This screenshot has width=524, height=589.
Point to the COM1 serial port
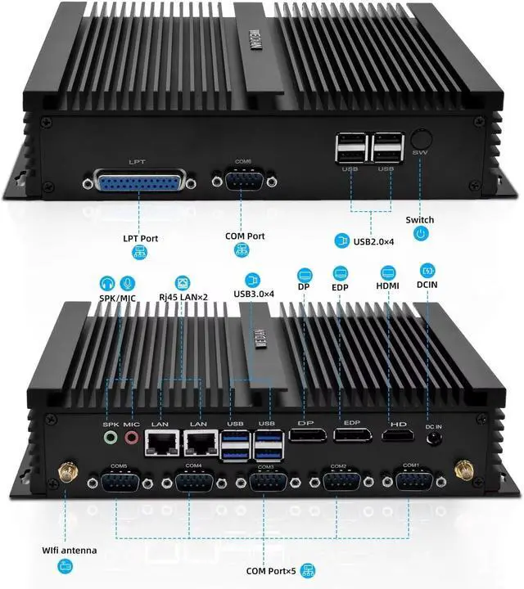[x=412, y=477]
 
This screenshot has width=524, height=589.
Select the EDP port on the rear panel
[x=352, y=434]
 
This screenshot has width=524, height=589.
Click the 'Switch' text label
[x=420, y=221]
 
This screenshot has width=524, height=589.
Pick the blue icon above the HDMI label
[x=388, y=272]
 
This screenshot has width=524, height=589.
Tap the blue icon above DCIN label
[x=427, y=269]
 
